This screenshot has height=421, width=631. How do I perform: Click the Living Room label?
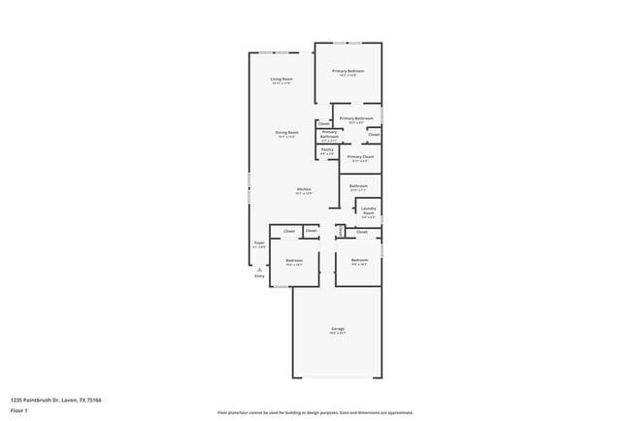282,79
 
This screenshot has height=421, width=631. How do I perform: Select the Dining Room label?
286,132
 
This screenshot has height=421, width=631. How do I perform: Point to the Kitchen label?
303,188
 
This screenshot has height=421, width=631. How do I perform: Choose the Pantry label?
327,149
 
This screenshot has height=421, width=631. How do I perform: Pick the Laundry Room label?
368,210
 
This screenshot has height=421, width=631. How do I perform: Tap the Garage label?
338,329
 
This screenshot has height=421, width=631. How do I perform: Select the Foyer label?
259,243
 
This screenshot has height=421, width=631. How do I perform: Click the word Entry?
259,276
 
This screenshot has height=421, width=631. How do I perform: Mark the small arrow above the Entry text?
259,269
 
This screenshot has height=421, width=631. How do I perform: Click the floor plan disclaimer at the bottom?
315,411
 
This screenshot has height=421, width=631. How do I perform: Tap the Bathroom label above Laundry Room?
358,185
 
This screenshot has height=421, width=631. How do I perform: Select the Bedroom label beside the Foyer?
294,260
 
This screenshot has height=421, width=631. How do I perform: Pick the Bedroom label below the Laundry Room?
359,260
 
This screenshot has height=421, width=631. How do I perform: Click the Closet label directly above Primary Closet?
373,135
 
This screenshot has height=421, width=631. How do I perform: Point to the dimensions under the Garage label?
338,334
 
